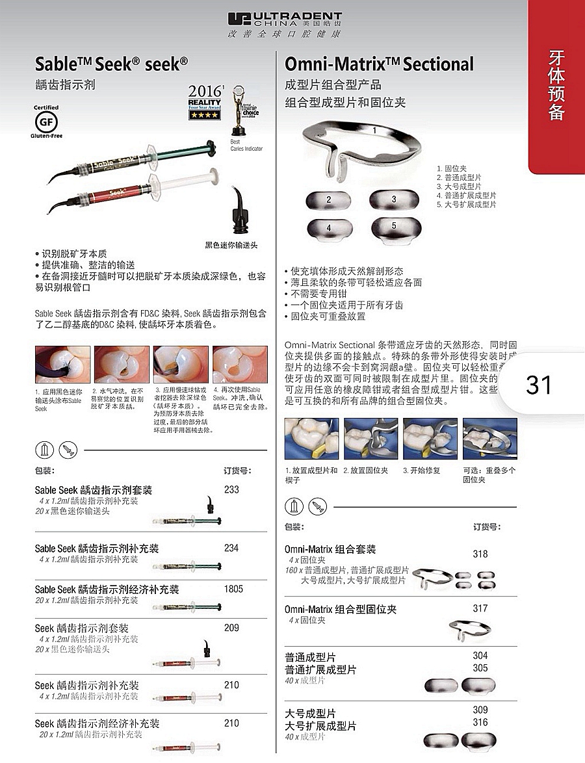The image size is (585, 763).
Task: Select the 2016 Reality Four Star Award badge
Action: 204,102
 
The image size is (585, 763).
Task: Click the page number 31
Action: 539,385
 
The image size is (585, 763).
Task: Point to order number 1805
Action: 233,589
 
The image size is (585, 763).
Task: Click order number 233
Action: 231,489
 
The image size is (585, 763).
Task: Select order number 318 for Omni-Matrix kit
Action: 480,554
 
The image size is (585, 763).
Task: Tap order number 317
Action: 480,608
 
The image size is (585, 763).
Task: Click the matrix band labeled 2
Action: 329,200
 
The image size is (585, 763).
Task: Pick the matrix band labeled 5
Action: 394,227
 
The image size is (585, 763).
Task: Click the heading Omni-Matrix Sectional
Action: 379,64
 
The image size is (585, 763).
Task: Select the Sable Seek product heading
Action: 111,64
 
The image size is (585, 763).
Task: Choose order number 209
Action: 231,628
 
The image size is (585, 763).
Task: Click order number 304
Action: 480,656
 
